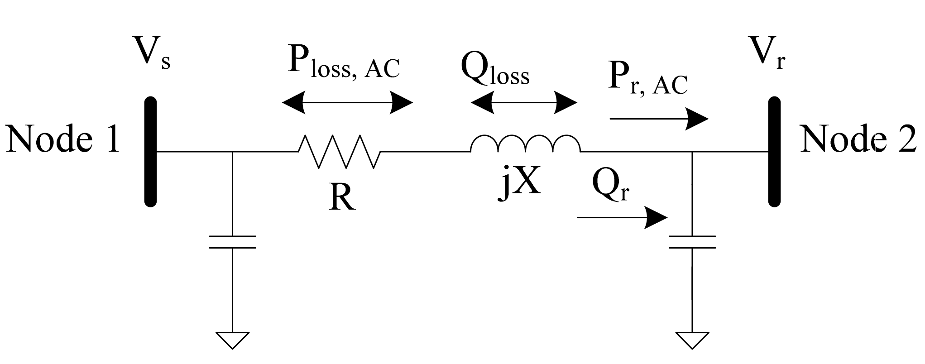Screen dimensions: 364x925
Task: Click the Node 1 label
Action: (62, 139)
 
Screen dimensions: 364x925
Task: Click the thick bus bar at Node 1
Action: (150, 152)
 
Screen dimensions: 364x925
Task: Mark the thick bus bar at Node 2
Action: (775, 152)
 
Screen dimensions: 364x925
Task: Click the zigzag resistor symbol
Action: (339, 151)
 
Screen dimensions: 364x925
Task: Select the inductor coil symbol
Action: (525, 144)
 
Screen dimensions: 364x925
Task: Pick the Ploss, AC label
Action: (344, 66)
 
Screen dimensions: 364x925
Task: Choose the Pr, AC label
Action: (647, 81)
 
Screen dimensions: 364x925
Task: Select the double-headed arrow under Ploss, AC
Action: (347, 102)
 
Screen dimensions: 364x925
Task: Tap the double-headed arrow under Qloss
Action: (524, 102)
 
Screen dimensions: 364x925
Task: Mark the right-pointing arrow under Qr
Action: (622, 218)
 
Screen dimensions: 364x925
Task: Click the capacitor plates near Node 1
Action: (232, 242)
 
